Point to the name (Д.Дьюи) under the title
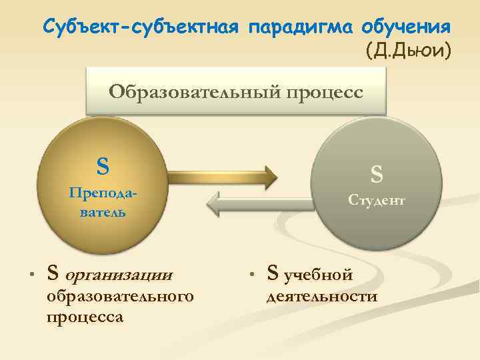pyautogui.click(x=409, y=50)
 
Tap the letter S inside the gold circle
pyautogui.click(x=103, y=164)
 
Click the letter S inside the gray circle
pyautogui.click(x=377, y=175)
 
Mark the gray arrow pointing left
pyautogui.click(x=261, y=203)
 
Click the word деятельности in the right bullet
pyautogui.click(x=321, y=296)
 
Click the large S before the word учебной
pyautogui.click(x=272, y=272)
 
